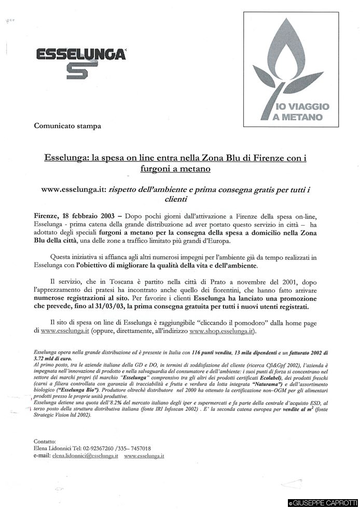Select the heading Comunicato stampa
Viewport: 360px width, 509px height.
click(67, 126)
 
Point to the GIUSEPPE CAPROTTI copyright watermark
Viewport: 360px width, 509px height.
click(322, 503)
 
